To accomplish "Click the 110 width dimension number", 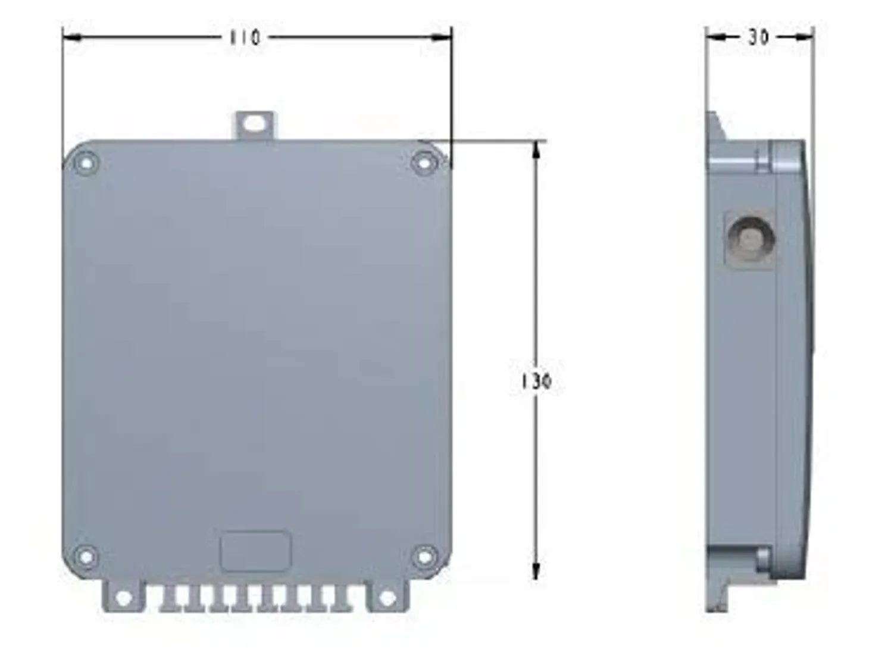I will point(245,37).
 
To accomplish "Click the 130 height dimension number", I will point(536,381).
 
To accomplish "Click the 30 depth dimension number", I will point(758,37).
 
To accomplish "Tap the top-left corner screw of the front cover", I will point(86,162).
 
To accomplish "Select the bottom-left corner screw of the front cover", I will point(86,557).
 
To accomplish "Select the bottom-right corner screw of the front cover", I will point(424,557).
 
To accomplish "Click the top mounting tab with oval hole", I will point(255,124).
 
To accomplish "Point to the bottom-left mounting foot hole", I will point(123,598).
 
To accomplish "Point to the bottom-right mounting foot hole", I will point(387,598).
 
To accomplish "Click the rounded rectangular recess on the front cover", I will point(255,551).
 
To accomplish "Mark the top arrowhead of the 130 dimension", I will point(536,150).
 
